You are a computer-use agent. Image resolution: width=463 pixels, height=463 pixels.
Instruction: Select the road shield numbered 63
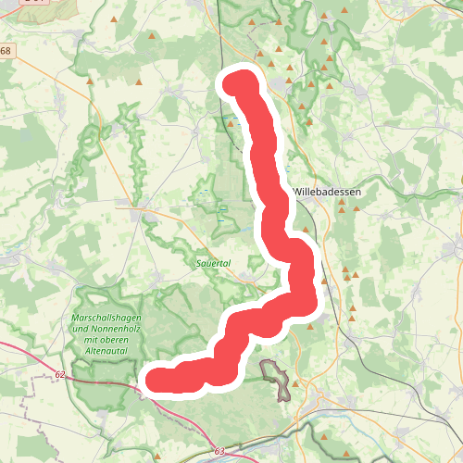tap(219, 451)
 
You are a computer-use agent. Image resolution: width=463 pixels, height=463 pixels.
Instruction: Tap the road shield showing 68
tap(6, 50)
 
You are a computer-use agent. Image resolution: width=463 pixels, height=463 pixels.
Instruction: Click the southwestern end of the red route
tap(154, 381)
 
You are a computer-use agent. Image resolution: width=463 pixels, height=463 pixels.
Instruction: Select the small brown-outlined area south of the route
tap(275, 376)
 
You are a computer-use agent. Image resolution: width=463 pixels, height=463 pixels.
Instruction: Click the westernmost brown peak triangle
tap(90, 81)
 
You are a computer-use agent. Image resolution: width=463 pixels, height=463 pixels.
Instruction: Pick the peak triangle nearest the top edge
tap(325, 16)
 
